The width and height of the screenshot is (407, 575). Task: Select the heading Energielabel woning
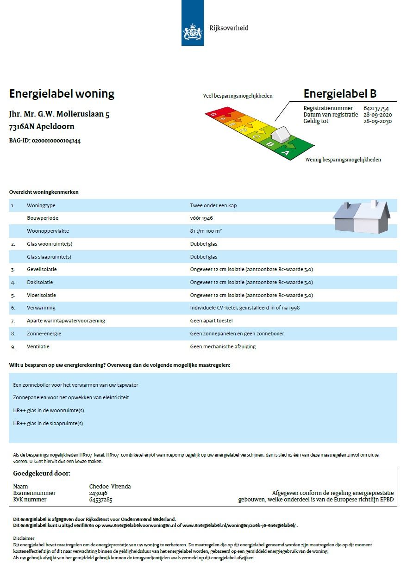[x=62, y=94]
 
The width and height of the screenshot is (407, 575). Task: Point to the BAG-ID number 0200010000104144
[x=56, y=141]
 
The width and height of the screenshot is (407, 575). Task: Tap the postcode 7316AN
[x=22, y=127]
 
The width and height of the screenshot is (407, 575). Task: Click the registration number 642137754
[x=376, y=108]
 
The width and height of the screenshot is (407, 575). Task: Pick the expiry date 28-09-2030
[x=377, y=121]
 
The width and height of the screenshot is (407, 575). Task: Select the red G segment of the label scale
[x=214, y=113]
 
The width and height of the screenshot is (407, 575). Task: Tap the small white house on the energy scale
[x=281, y=134]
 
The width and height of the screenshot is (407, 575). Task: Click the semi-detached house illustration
[x=362, y=216]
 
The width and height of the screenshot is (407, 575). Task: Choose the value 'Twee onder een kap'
[x=213, y=205]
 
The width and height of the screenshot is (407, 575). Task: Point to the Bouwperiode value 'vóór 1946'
[x=201, y=218]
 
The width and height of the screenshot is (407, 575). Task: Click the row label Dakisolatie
[x=40, y=282]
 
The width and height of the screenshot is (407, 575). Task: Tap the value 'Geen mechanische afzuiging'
[x=223, y=346]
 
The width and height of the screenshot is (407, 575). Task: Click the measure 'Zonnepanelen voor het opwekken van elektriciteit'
[x=71, y=397]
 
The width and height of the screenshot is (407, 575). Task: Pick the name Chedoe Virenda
[x=110, y=486]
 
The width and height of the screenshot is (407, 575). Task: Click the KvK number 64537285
[x=100, y=500]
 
